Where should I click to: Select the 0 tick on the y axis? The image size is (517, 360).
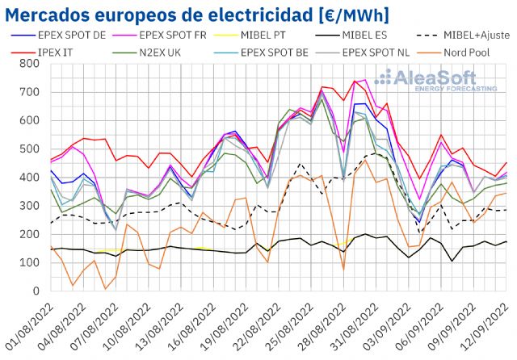(36, 291)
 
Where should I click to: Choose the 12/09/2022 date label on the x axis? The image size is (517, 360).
(489, 324)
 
